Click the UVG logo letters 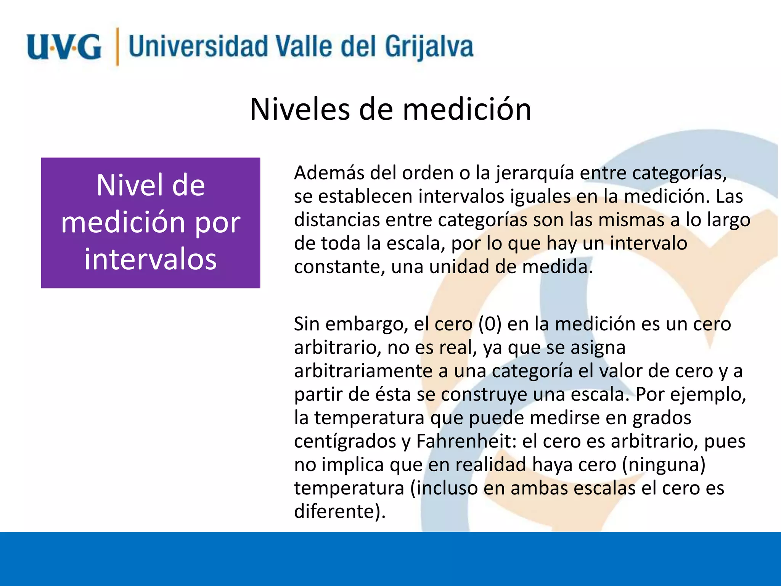coord(64,47)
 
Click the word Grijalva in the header coord(429,47)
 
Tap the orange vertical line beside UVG coord(117,47)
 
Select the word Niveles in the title coord(300,109)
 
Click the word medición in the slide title coord(467,109)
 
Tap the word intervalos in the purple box coord(151,259)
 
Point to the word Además coord(329,173)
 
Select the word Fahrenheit coord(466,441)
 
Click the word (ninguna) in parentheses coord(664,465)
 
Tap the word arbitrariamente coord(363,371)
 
